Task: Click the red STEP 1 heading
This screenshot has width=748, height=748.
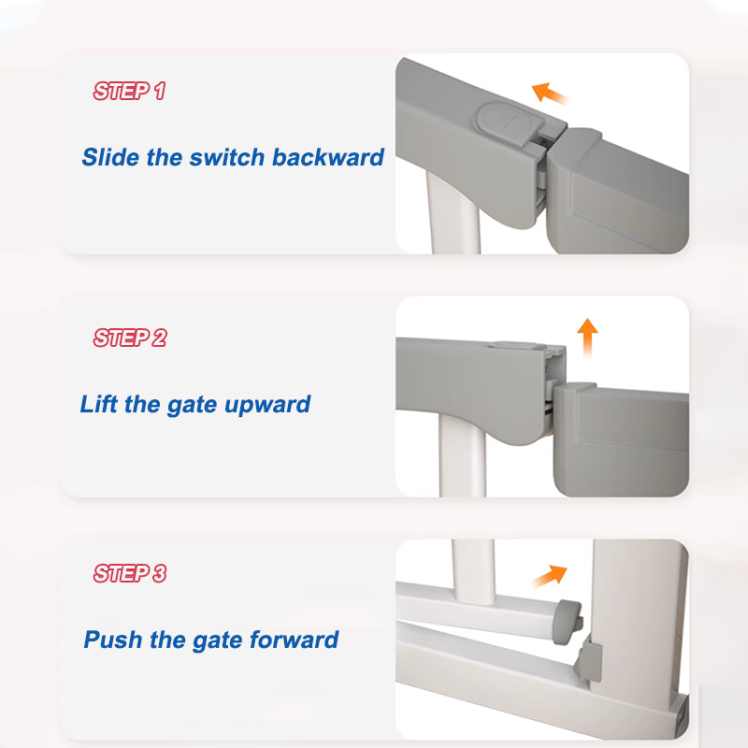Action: (x=129, y=91)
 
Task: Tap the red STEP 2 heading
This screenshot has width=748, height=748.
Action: (x=130, y=338)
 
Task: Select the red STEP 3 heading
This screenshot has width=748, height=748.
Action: (x=130, y=573)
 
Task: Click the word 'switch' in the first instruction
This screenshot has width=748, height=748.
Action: (x=226, y=157)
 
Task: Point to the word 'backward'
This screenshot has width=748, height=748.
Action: (x=328, y=157)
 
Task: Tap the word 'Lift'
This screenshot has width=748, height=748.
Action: (x=98, y=404)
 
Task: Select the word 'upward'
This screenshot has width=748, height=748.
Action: (x=267, y=405)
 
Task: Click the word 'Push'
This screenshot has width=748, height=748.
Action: (x=113, y=640)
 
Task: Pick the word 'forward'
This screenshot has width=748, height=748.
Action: (x=294, y=640)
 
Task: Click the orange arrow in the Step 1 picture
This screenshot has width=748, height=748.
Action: (x=549, y=93)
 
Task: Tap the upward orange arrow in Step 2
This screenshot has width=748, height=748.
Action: (x=587, y=338)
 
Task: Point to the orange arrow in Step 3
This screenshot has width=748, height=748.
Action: (x=550, y=575)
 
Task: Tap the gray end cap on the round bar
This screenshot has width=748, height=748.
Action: (x=568, y=615)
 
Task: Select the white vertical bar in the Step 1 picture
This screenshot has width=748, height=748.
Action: (x=453, y=213)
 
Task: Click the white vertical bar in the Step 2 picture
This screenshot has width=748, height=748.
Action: (x=462, y=455)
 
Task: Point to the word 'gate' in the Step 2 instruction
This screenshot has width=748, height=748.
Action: (x=192, y=406)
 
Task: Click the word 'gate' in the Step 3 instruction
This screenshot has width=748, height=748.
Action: (x=217, y=640)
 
